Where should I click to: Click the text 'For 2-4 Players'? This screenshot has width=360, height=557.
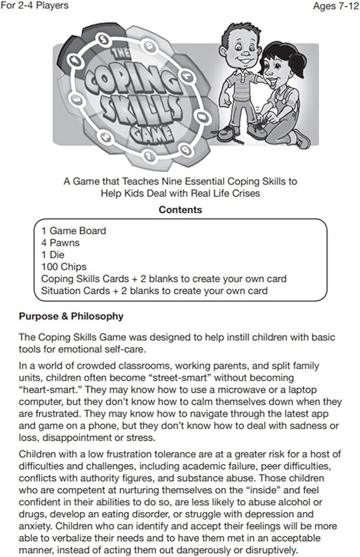pos(35,6)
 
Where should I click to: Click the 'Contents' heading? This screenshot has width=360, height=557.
pos(181,209)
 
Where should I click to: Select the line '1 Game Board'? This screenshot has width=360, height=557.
pos(74,231)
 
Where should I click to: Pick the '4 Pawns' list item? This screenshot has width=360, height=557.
pos(61,243)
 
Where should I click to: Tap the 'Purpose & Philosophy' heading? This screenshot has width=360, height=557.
pos(71,316)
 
